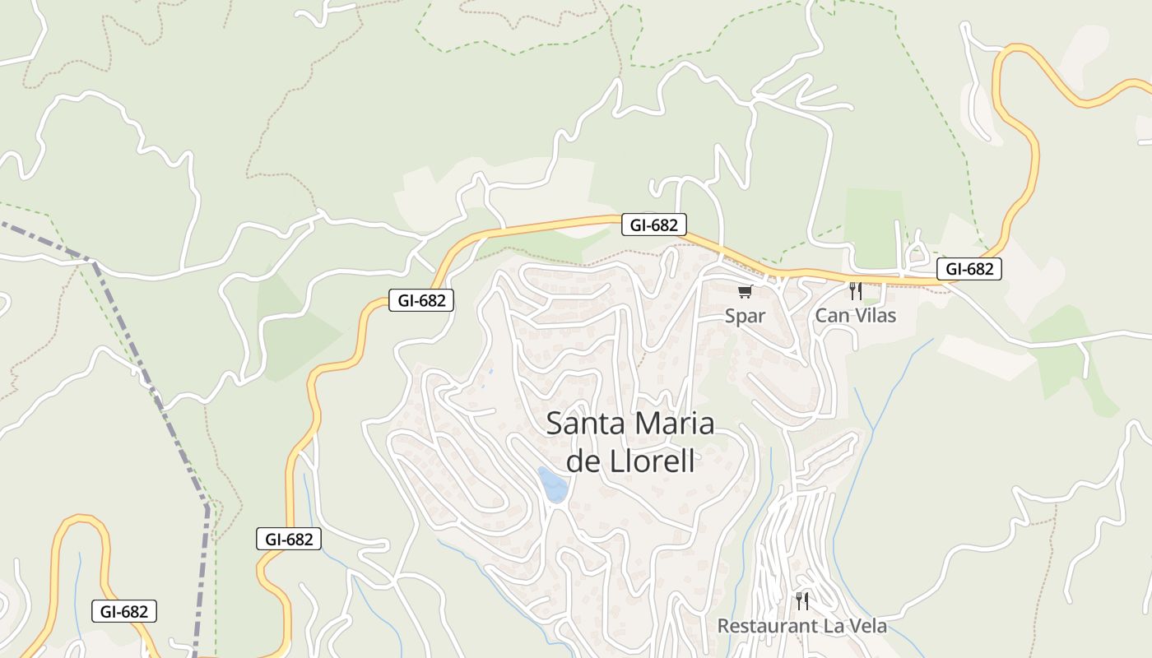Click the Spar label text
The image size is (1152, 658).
745,316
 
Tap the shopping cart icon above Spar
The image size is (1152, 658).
745,291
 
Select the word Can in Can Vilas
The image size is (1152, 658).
831,315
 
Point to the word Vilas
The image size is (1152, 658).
874,315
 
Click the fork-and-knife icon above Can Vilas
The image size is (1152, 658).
855,290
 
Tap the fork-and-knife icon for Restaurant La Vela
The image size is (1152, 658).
802,601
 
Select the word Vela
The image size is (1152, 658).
866,626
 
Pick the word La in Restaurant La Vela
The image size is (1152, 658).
832,626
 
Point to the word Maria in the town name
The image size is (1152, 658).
675,424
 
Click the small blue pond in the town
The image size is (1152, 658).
552,484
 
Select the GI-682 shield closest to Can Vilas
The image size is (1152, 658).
969,268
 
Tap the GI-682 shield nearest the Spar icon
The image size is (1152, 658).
653,225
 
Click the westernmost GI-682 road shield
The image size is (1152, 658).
123,611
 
